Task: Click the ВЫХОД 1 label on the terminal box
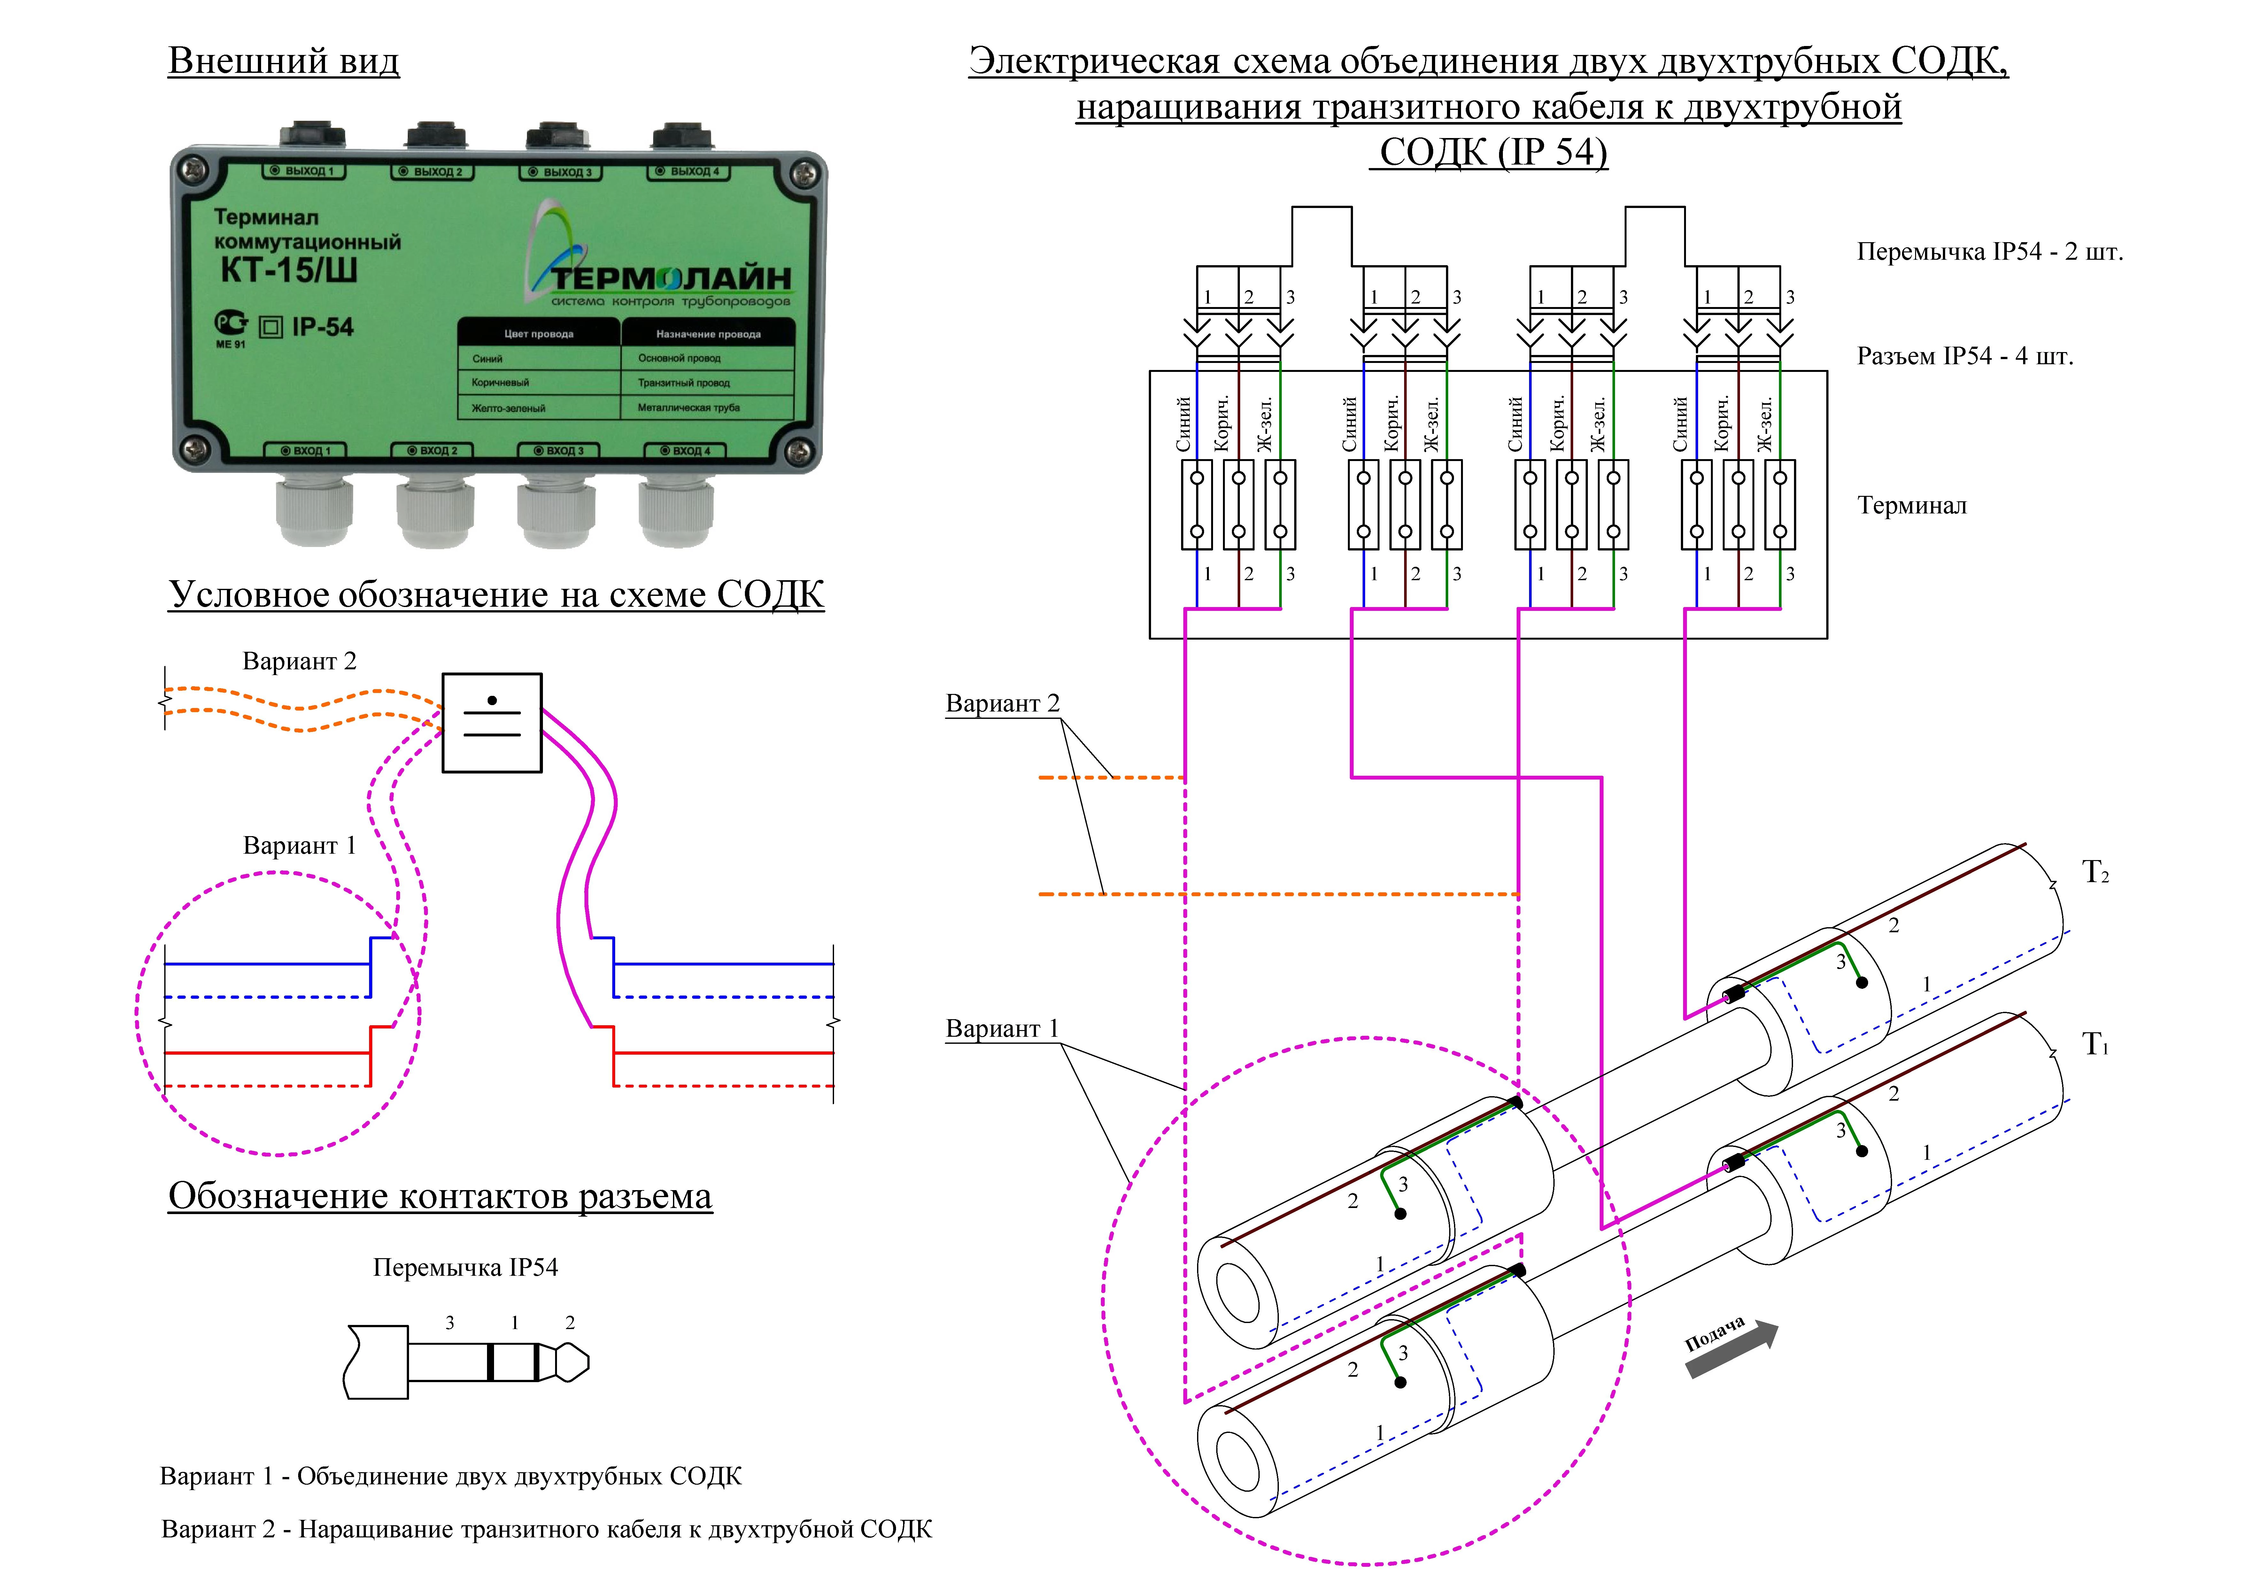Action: tap(303, 171)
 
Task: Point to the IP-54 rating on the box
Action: tap(322, 327)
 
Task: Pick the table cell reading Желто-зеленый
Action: tap(509, 408)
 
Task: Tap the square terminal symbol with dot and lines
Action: tap(492, 723)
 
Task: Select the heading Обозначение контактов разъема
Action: tap(440, 1196)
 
